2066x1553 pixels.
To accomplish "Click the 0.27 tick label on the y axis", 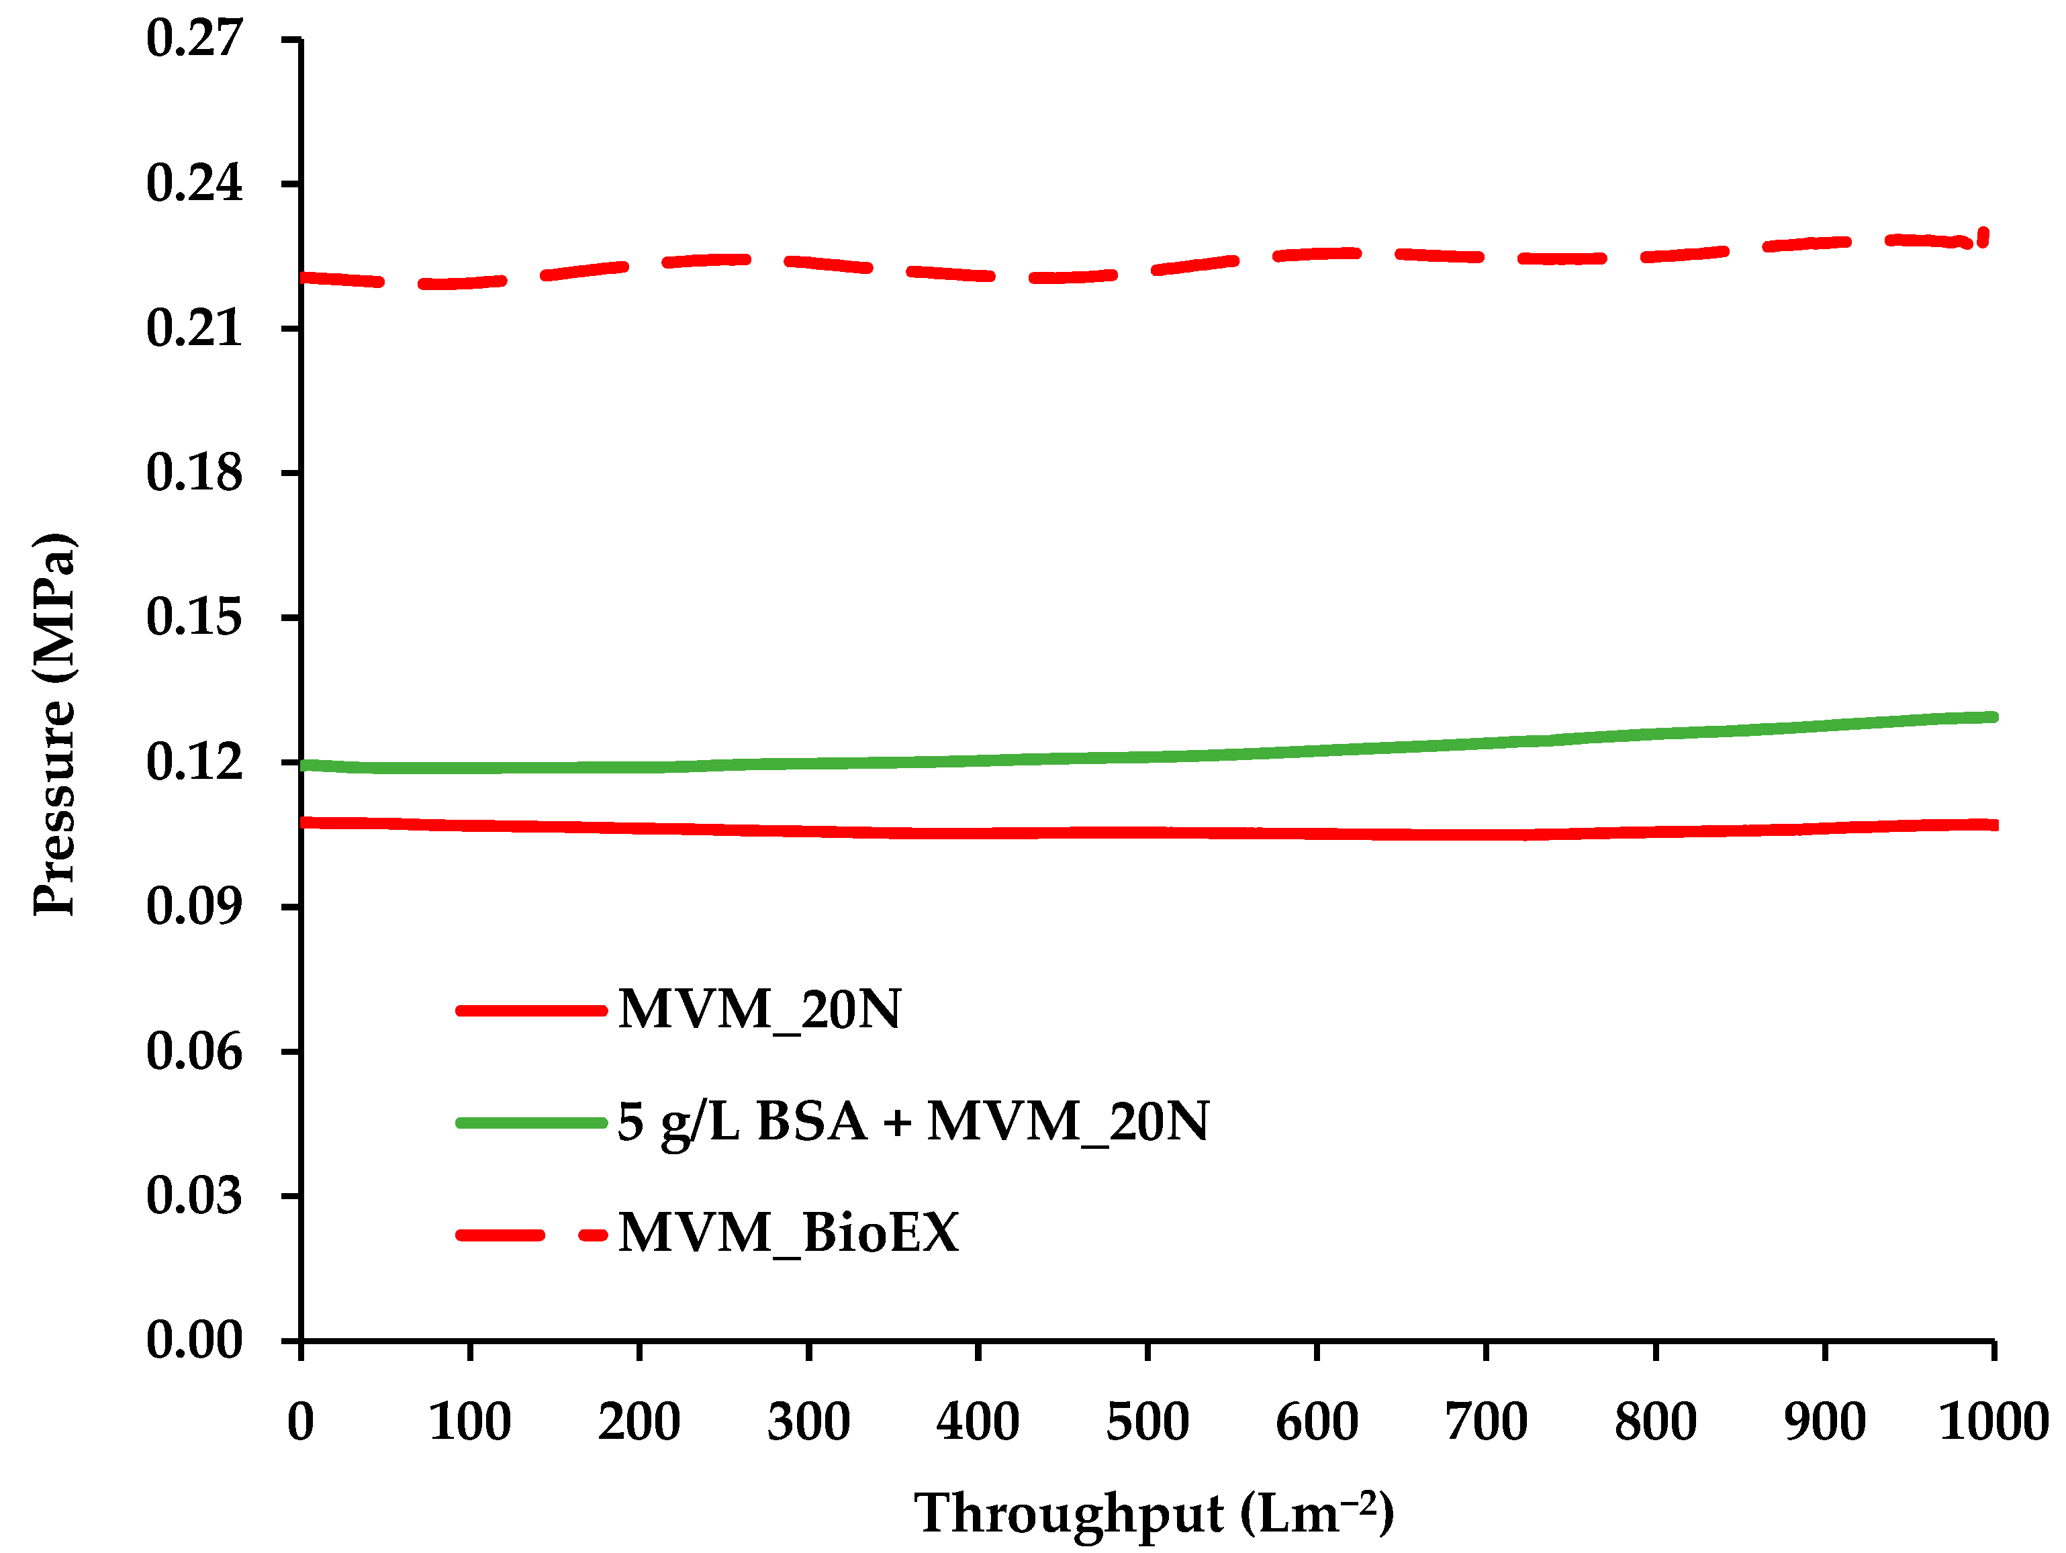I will click(x=193, y=39).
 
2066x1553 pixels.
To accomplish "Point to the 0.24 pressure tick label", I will click(x=193, y=183).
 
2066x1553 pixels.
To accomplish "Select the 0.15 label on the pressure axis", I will click(x=193, y=617).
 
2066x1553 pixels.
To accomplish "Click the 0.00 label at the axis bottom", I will click(x=193, y=1340).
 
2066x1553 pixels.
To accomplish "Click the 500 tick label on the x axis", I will click(x=1147, y=1422).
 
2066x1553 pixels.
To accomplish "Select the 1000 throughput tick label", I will click(x=1993, y=1422).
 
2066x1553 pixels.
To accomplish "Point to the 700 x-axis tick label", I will click(x=1485, y=1422).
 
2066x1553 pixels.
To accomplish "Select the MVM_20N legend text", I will click(x=759, y=1010).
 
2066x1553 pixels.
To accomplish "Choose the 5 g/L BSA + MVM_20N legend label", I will click(x=912, y=1121).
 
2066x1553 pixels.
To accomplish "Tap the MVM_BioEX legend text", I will click(x=788, y=1233).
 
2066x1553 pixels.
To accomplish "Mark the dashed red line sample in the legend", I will click(x=530, y=1235).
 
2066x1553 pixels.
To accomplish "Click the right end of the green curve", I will click(x=1991, y=717).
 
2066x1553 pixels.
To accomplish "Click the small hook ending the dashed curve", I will click(x=1983, y=236).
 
